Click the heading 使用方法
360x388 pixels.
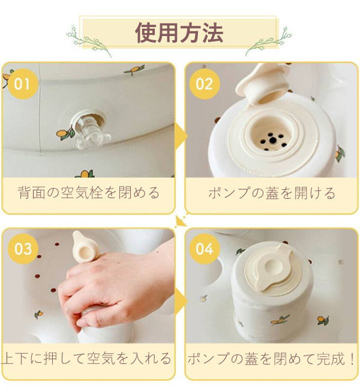pyautogui.click(x=179, y=32)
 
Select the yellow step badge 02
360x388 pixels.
pyautogui.click(x=204, y=83)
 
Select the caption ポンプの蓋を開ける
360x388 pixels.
pyautogui.click(x=271, y=193)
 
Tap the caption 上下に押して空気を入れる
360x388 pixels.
pyautogui.click(x=88, y=359)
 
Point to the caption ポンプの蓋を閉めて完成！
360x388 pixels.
pyautogui.click(x=271, y=359)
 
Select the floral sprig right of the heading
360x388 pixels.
pyautogui.click(x=269, y=41)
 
